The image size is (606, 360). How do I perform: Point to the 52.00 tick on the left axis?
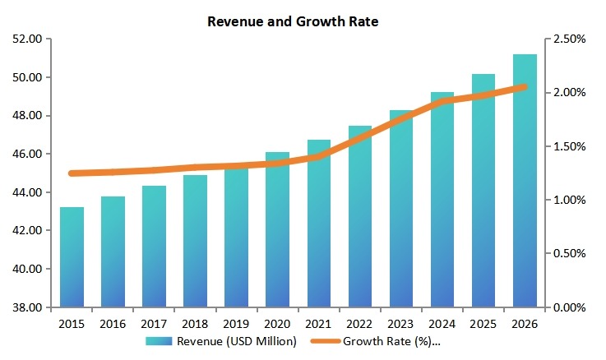click(29, 39)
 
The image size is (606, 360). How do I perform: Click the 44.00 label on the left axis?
click(29, 193)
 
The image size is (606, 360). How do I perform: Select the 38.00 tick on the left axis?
click(29, 308)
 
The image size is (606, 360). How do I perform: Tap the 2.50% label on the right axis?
click(569, 39)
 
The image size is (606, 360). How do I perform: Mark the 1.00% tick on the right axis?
click(569, 201)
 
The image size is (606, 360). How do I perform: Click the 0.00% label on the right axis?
click(569, 308)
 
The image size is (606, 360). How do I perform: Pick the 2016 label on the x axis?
click(113, 324)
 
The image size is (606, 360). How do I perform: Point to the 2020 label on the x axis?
click(277, 324)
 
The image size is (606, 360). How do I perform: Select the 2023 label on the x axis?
click(401, 324)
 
